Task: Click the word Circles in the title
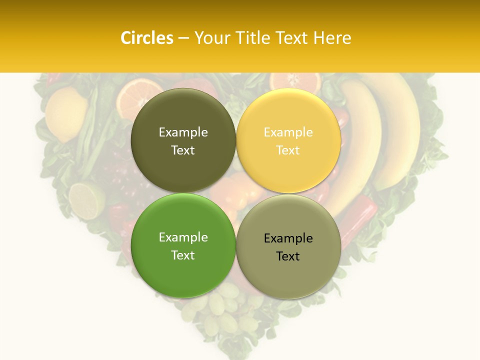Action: tap(147, 38)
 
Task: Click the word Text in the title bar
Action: tap(293, 38)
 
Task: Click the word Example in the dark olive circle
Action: tap(183, 132)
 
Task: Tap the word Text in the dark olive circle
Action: tap(183, 150)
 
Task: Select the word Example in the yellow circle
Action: tap(288, 132)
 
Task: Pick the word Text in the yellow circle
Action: tap(288, 150)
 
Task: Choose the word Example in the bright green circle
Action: tap(183, 237)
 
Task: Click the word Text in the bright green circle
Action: tap(183, 255)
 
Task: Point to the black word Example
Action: tap(288, 238)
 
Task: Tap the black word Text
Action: tap(288, 256)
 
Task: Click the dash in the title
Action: tap(183, 38)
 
